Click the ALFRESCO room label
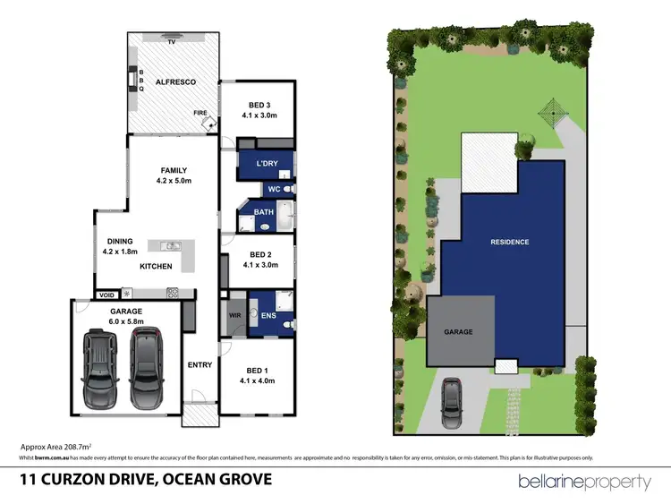(x=175, y=82)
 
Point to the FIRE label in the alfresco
(x=200, y=113)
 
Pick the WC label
(x=275, y=190)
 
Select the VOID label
(x=107, y=294)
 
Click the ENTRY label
(x=200, y=364)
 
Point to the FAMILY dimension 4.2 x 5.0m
(x=174, y=181)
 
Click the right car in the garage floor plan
(x=148, y=367)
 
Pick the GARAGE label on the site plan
(x=459, y=331)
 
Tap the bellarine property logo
(x=585, y=482)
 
